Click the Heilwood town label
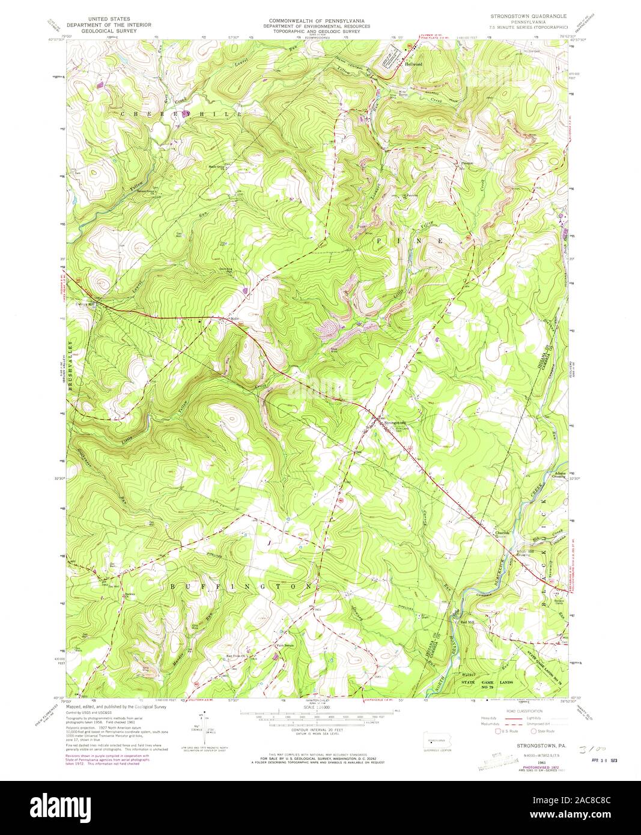(x=413, y=64)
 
